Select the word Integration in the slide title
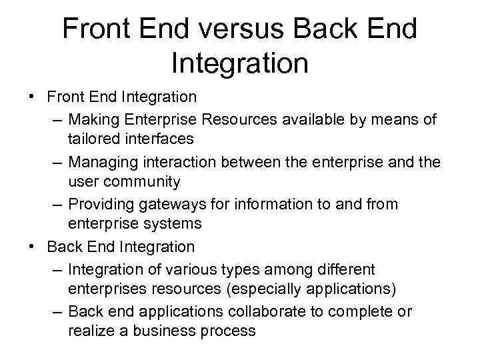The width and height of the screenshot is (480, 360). click(240, 63)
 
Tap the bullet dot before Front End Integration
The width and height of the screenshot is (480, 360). click(32, 96)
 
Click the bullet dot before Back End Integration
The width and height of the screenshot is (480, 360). click(32, 246)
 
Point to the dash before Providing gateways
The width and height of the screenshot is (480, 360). click(56, 205)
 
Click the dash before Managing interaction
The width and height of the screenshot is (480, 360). click(56, 161)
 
